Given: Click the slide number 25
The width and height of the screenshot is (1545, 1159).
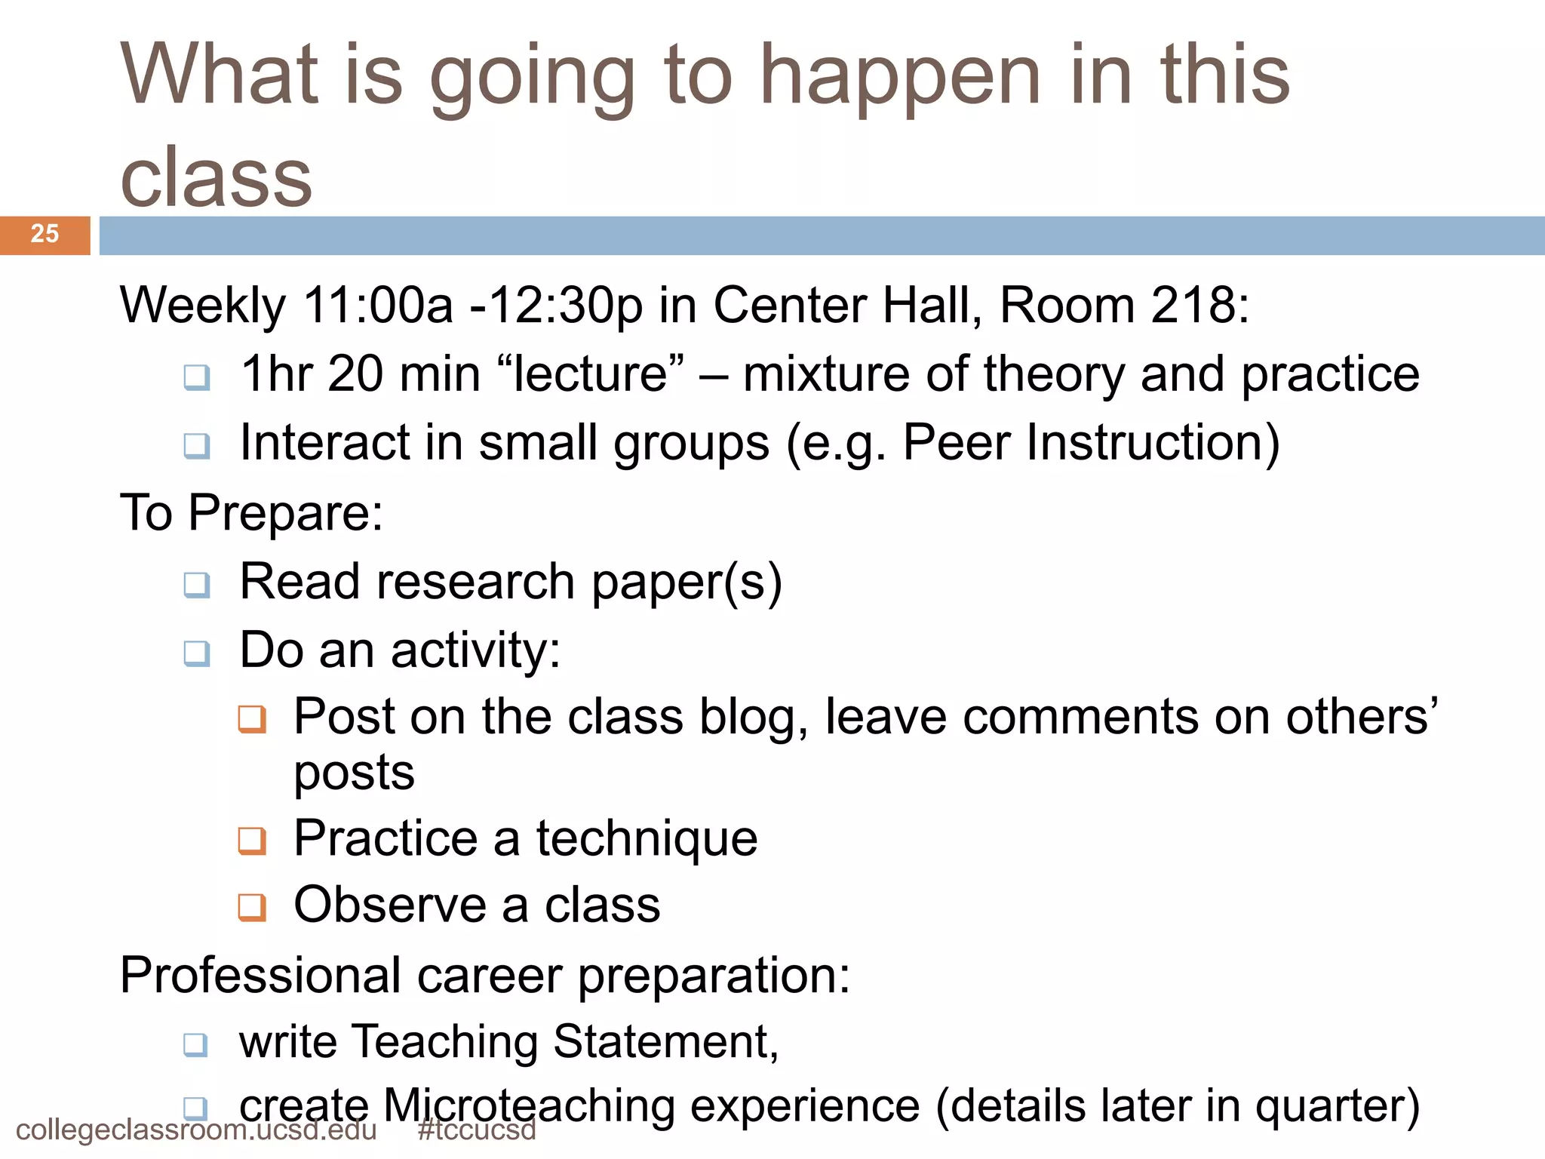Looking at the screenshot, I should [45, 234].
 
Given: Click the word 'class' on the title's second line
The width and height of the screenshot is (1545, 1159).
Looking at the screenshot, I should [217, 178].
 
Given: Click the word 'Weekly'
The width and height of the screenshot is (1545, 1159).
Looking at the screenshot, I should [202, 306].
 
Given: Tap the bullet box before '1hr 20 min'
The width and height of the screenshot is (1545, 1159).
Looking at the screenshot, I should [197, 377].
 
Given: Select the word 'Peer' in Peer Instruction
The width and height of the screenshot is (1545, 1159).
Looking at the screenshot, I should [956, 442].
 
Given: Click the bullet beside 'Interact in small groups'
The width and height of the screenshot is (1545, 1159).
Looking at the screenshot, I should [197, 445].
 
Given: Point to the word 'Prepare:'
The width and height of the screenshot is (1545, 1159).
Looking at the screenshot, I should [286, 513].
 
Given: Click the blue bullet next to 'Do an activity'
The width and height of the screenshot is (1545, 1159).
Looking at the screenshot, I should [197, 653].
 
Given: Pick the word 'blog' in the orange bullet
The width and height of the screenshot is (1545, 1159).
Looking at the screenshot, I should [753, 717].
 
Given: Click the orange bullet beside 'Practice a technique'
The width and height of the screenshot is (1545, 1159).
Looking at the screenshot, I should [252, 841].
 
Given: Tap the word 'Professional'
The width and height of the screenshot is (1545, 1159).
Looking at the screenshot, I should [260, 976].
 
